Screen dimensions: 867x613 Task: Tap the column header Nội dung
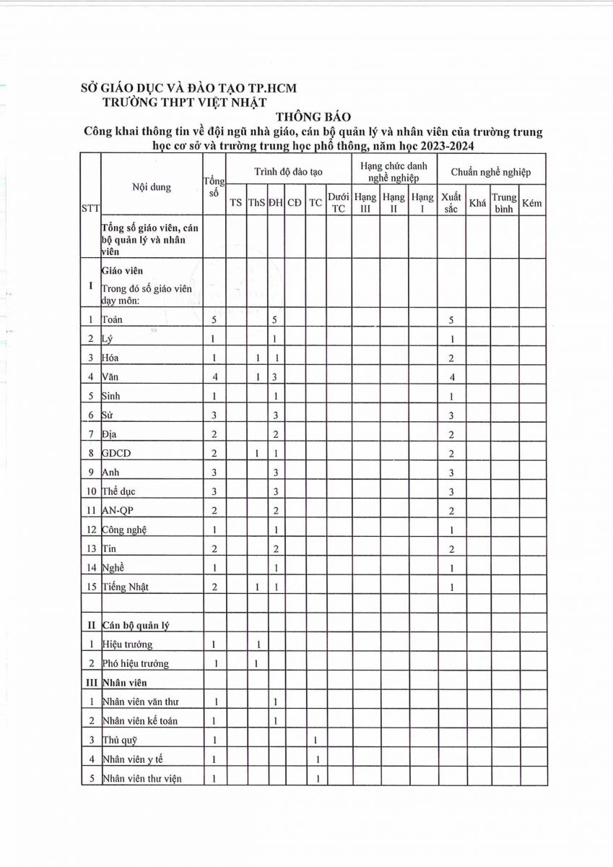[x=152, y=187]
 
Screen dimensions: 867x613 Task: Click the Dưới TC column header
[x=339, y=202]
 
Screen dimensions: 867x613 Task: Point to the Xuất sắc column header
[x=451, y=202]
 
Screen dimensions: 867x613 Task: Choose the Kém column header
[x=531, y=203]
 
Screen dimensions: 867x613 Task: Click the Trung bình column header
[x=504, y=202]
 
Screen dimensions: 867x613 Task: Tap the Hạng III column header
[x=365, y=202]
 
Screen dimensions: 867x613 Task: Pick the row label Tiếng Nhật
[x=126, y=587]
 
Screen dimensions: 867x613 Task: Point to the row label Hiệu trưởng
[x=128, y=644]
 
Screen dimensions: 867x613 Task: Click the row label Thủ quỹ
[x=120, y=740]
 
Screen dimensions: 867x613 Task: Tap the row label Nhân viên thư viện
[x=142, y=778]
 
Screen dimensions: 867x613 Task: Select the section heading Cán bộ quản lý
[x=136, y=624]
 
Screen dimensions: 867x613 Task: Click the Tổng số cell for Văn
[x=214, y=376]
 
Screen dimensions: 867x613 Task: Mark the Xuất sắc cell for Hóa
[x=451, y=358]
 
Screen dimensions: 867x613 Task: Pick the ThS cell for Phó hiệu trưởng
[x=256, y=663]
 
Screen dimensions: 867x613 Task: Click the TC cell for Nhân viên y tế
[x=316, y=759]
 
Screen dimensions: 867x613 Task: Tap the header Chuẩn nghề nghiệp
[x=491, y=172]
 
